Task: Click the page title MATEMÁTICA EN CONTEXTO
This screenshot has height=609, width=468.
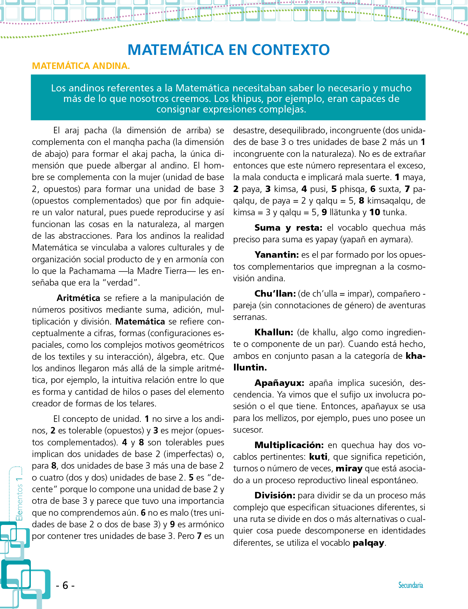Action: click(228, 50)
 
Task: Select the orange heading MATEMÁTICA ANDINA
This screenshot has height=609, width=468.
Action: click(81, 66)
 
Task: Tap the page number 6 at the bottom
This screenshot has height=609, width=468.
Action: click(65, 585)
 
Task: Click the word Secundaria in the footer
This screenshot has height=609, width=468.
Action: click(410, 585)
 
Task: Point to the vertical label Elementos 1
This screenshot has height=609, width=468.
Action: click(19, 499)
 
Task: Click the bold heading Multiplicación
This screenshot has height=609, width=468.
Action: click(289, 445)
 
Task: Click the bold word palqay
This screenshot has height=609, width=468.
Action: click(368, 543)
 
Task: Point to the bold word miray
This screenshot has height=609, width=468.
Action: click(349, 469)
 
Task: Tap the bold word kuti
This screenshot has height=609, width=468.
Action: click(318, 457)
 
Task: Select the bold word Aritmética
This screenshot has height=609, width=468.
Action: click(78, 298)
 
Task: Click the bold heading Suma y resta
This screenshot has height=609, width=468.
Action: click(288, 228)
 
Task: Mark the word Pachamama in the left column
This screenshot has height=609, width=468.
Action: click(92, 271)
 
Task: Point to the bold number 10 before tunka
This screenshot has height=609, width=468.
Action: click(375, 212)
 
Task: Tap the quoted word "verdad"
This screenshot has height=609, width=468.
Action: click(120, 283)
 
